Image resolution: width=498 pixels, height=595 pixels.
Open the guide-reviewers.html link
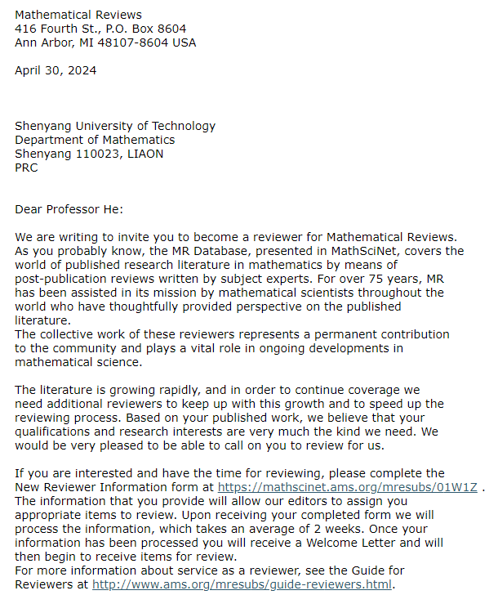[x=242, y=584]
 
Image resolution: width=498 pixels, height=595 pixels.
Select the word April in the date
[x=29, y=70]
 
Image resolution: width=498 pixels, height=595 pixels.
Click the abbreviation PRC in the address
[x=26, y=168]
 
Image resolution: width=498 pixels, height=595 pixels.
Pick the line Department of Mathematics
[x=94, y=140]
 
